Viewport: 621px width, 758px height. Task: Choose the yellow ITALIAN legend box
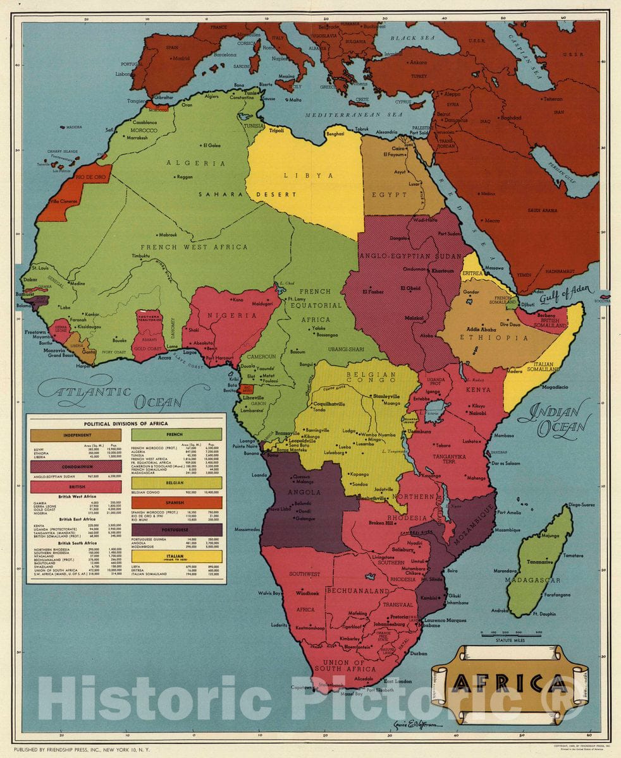point(176,556)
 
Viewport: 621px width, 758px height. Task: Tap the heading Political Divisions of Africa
point(126,423)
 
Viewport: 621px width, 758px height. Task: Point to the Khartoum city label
point(443,270)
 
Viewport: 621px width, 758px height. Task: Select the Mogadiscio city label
point(553,386)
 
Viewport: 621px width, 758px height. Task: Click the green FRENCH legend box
point(176,435)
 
